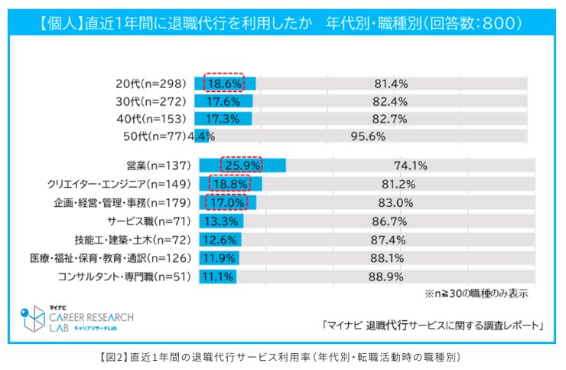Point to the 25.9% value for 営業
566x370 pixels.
coord(242,165)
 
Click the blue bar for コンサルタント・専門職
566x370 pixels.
coord(217,277)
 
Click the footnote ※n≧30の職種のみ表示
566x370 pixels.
coord(477,293)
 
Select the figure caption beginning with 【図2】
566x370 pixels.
coord(282,357)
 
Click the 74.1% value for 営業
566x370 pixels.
coord(410,165)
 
